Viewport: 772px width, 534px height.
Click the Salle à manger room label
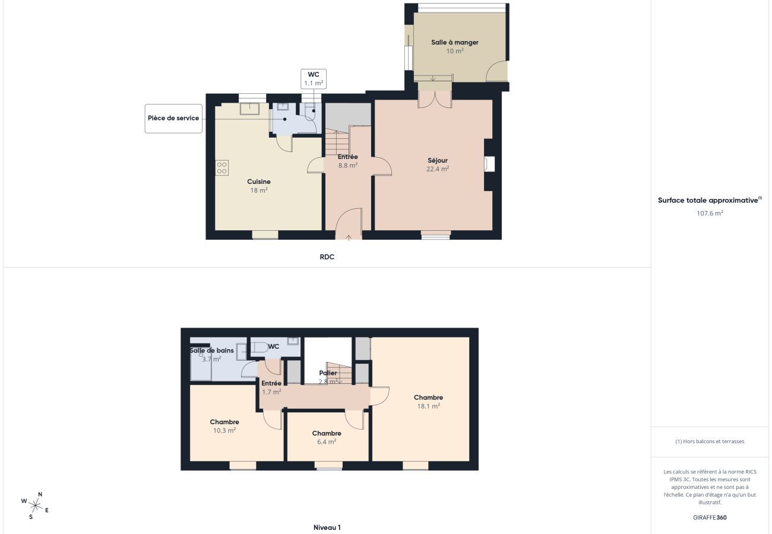454,43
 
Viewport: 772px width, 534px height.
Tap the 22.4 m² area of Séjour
437,169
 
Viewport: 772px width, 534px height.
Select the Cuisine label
259,182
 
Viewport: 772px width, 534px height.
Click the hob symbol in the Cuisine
222,167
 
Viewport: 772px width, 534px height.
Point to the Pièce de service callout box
173,118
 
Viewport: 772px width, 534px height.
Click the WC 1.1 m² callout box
313,79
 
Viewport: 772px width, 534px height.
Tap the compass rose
36,506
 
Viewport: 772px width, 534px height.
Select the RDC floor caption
327,257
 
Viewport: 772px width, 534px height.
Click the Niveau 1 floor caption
327,527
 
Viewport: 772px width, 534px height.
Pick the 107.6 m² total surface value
710,213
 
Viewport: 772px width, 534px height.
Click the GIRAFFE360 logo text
710,517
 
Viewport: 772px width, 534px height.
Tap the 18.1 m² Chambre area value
428,406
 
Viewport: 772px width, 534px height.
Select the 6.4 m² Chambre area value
326,441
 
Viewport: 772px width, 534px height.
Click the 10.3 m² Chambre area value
224,430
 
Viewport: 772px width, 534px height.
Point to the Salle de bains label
211,351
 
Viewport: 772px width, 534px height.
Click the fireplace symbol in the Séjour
489,164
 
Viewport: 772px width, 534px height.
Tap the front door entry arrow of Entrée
348,237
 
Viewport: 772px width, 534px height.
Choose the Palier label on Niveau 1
328,373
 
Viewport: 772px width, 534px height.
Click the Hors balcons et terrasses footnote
710,441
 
